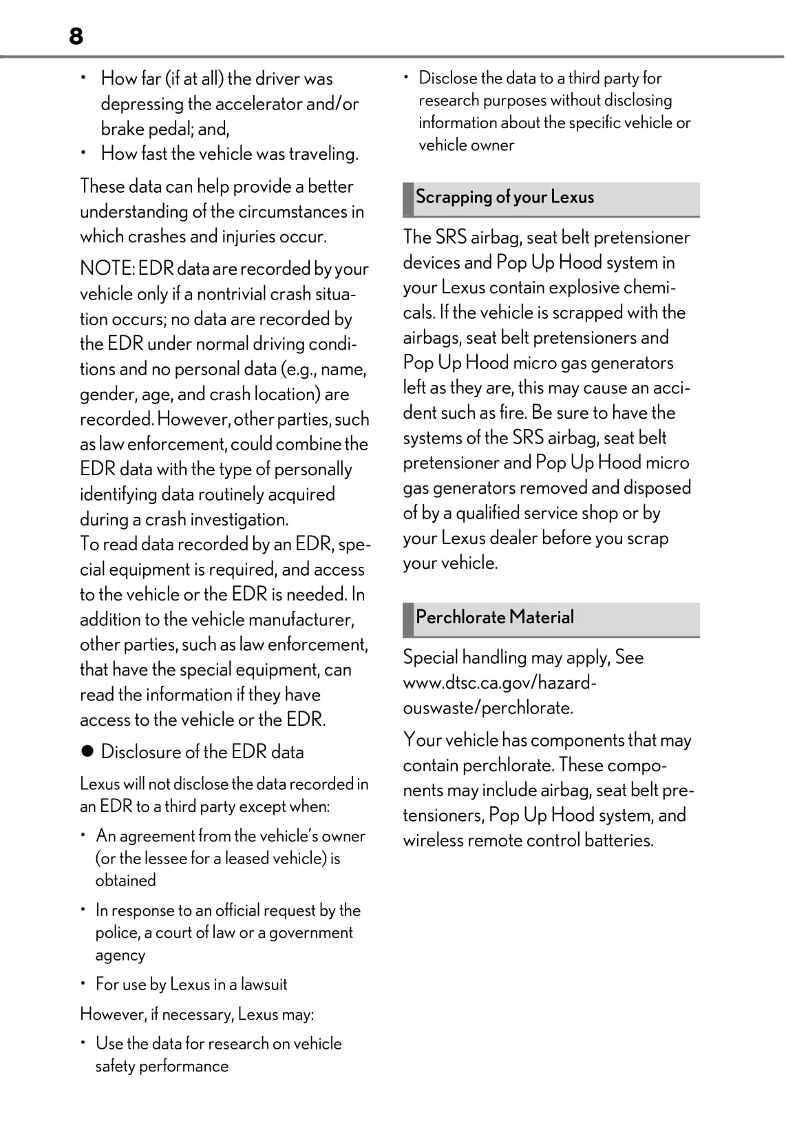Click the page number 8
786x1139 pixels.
click(76, 36)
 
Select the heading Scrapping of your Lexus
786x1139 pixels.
click(504, 197)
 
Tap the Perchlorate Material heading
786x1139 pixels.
click(494, 617)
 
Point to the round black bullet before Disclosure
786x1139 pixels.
click(87, 752)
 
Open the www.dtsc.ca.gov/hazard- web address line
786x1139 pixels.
click(500, 682)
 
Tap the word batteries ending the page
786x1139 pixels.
click(618, 840)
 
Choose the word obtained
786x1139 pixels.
click(125, 880)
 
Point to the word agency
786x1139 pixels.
click(120, 955)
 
